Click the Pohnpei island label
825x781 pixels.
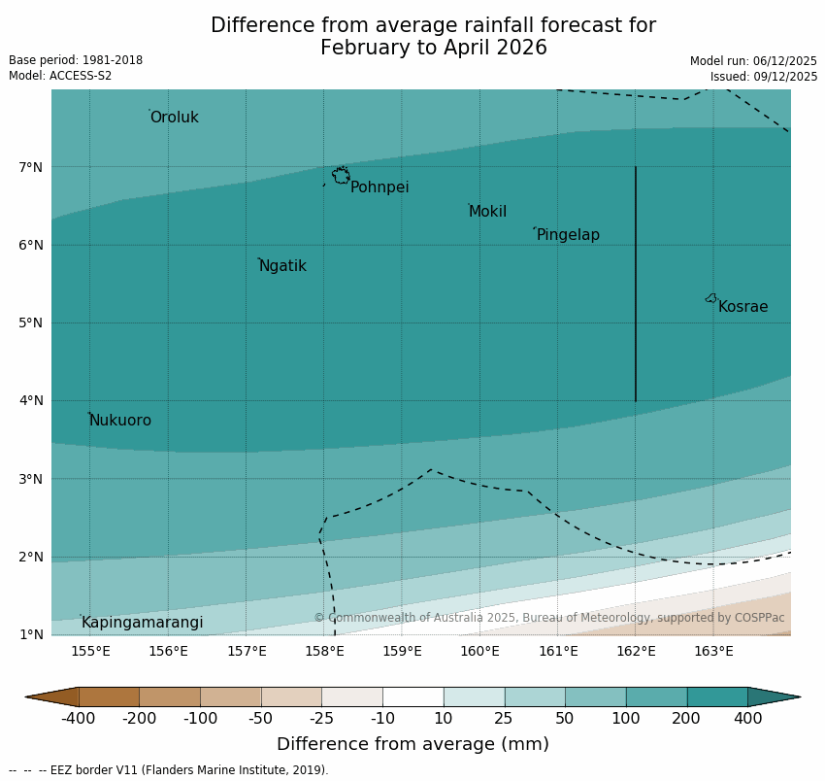[x=379, y=187]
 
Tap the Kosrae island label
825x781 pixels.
[x=742, y=307]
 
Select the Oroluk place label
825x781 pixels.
[x=175, y=118]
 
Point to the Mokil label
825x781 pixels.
[x=487, y=212]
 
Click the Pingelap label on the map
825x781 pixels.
[x=568, y=235]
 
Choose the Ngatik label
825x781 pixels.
[x=282, y=266]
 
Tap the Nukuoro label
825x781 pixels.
[x=120, y=421]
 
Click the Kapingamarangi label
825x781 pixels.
[x=143, y=623]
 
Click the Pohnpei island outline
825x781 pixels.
[x=341, y=176]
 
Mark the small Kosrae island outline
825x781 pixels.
[x=711, y=298]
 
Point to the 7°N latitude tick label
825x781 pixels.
[x=31, y=167]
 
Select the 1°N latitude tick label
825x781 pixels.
[x=31, y=634]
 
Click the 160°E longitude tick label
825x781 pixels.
[x=479, y=651]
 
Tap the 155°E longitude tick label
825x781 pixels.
[x=90, y=651]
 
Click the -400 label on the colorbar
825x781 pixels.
[x=79, y=719]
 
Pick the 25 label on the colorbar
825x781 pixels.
[x=505, y=719]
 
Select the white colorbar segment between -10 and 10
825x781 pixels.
[x=412, y=696]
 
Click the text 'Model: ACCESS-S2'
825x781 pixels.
[x=60, y=76]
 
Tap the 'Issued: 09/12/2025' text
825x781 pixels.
[x=763, y=77]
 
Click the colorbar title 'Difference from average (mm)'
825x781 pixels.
[x=412, y=745]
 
